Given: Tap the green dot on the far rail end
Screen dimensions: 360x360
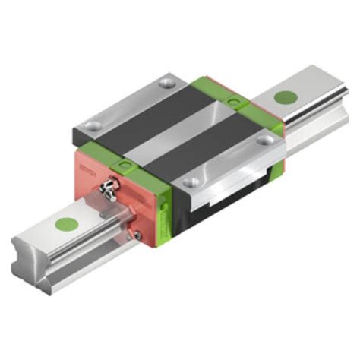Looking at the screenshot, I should point(286,96).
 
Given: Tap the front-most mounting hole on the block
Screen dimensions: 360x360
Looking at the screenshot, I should point(192,182).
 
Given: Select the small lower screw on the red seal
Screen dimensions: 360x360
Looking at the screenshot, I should point(137,235).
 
